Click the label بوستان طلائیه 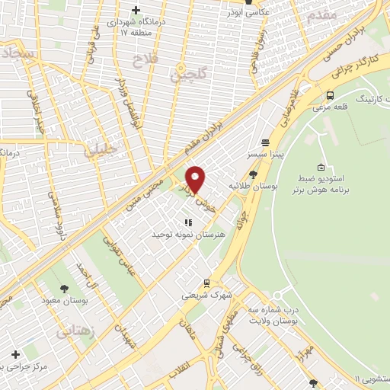click(253, 186)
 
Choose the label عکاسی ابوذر click(248, 12)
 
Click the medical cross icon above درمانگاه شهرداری click(136, 10)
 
